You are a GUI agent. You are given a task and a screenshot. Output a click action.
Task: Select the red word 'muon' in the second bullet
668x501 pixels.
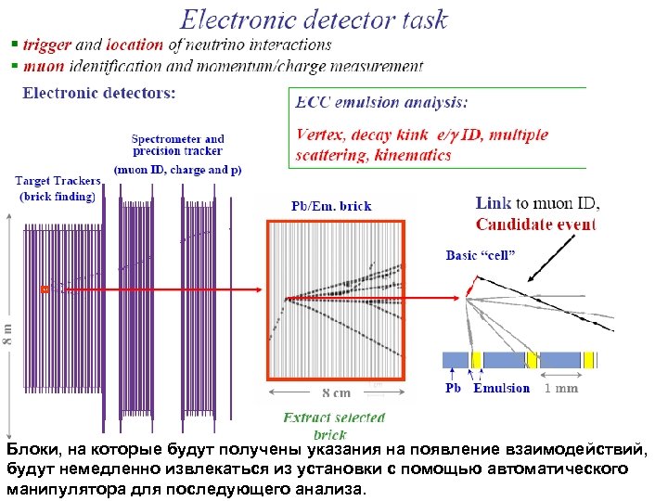point(43,66)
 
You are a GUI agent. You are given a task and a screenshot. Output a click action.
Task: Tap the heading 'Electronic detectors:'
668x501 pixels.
point(98,93)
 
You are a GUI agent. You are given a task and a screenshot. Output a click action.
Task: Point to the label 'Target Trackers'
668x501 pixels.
point(58,181)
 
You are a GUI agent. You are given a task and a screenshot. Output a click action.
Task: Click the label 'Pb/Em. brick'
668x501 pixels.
point(331,206)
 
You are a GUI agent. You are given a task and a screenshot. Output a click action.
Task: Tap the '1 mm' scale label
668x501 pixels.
point(560,388)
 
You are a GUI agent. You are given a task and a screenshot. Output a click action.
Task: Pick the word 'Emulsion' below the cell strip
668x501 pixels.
point(501,388)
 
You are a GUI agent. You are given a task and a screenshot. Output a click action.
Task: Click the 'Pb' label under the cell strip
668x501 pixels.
point(453,388)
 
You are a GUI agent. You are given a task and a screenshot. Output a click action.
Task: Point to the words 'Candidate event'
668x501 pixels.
point(535,225)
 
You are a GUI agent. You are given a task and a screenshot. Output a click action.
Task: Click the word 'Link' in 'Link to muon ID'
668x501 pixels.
point(494,203)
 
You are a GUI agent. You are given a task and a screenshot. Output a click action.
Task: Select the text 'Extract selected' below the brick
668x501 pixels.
point(333,418)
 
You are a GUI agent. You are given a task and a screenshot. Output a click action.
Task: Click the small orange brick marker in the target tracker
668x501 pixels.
point(45,289)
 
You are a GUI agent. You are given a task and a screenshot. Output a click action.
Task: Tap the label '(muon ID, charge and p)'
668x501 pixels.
point(177,170)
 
